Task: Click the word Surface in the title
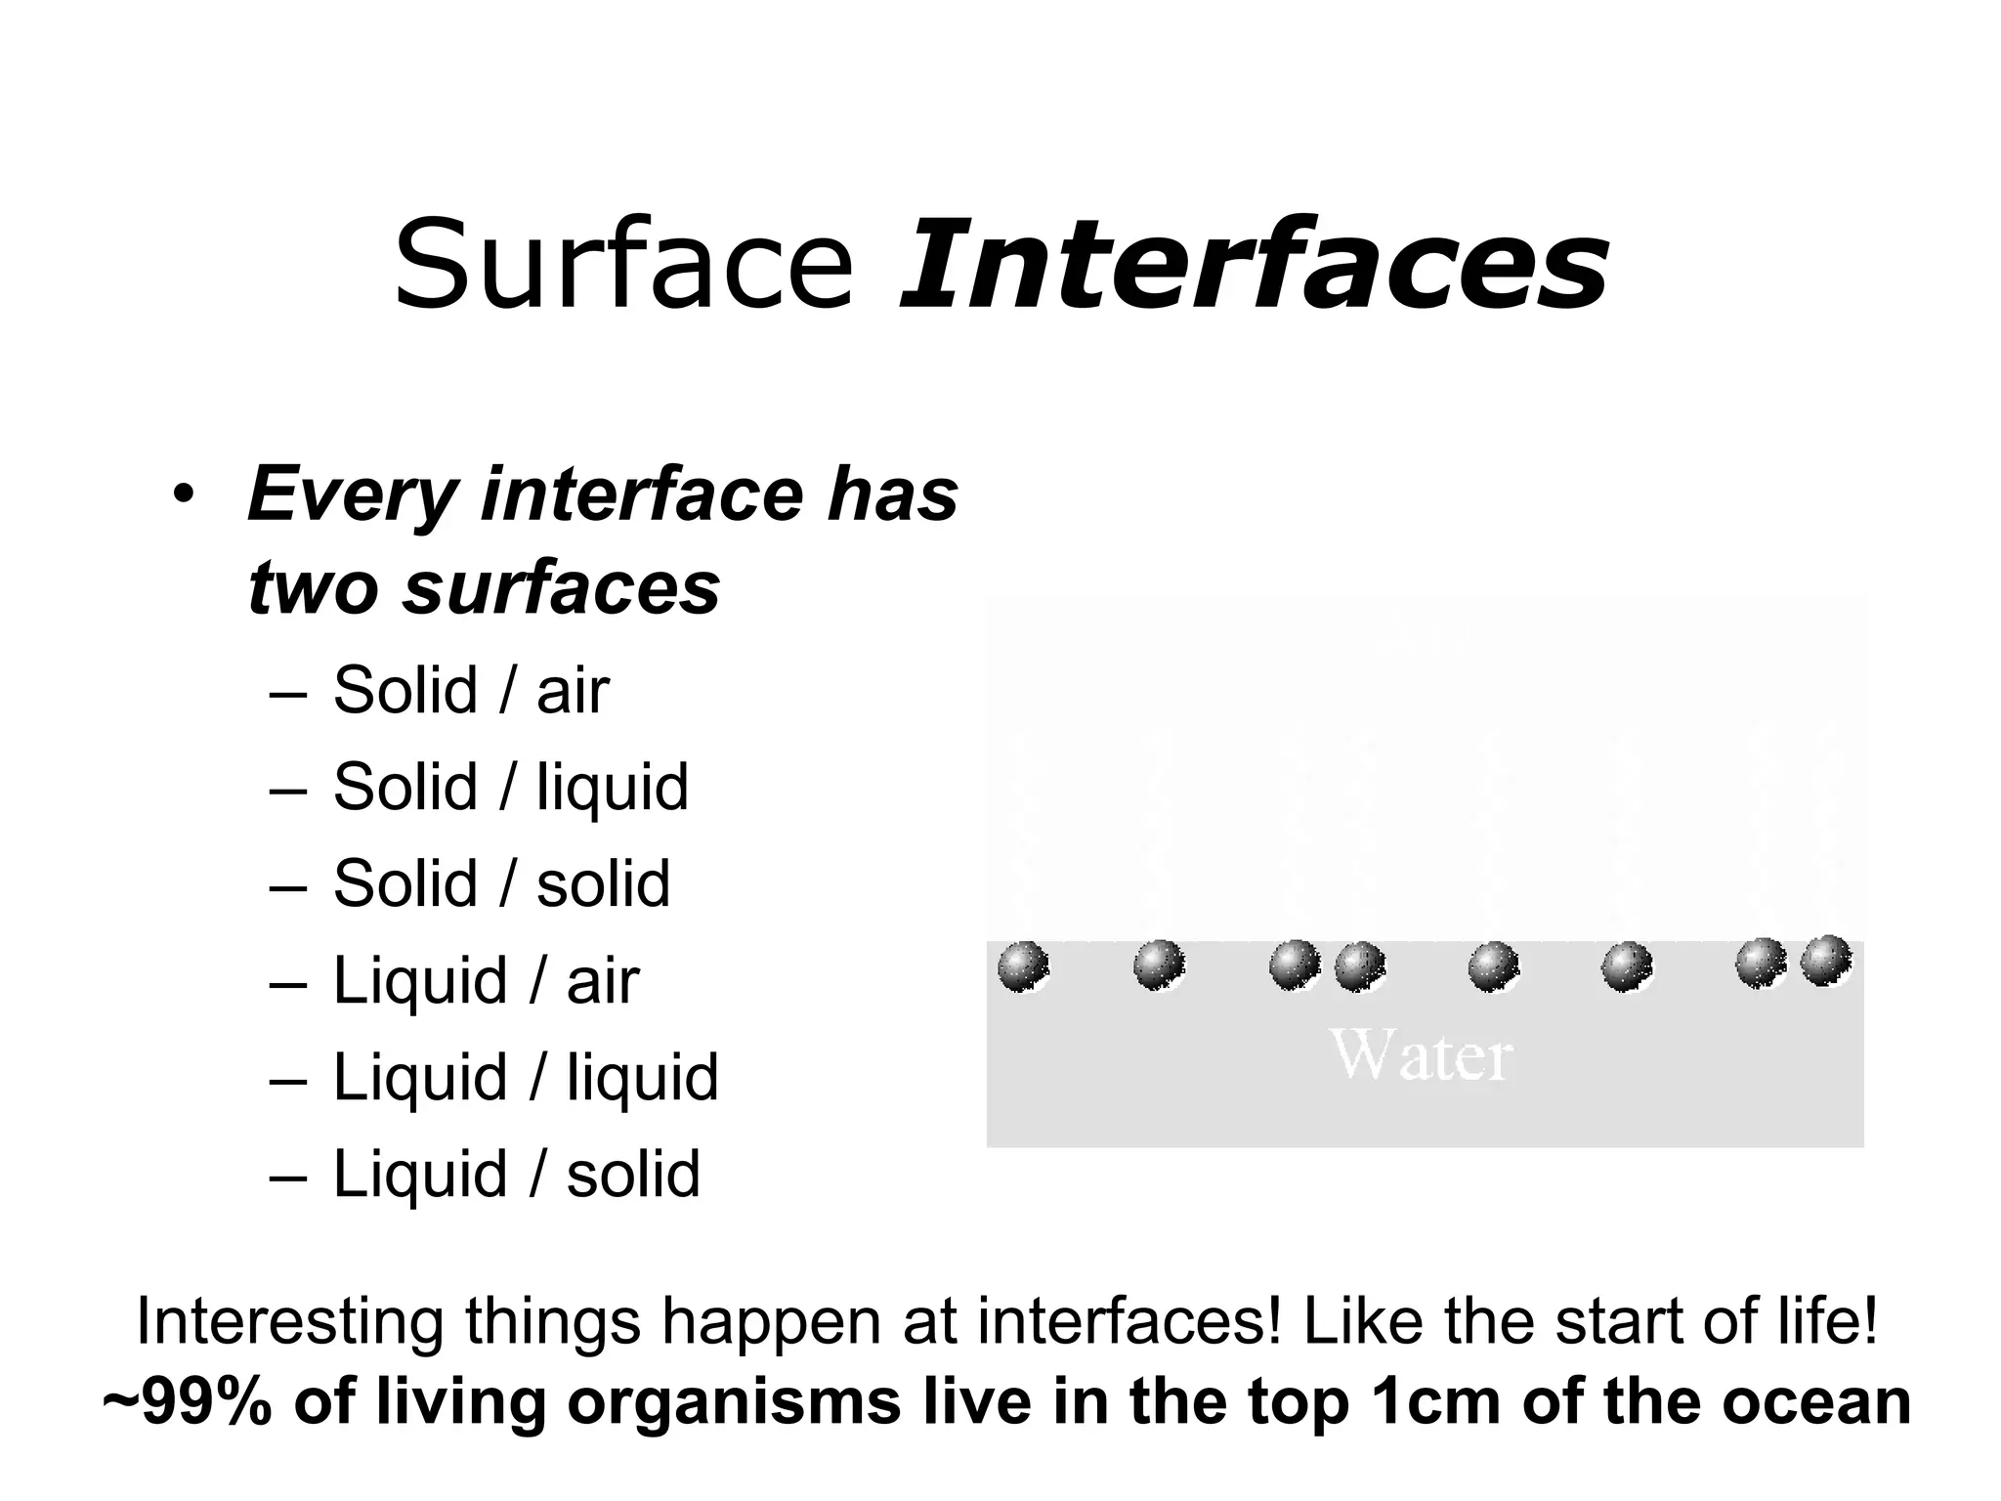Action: [x=623, y=264]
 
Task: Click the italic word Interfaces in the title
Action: [x=1254, y=264]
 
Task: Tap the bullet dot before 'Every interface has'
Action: [x=182, y=494]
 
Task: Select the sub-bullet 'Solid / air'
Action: [x=471, y=690]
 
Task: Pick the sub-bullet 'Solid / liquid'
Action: [x=510, y=787]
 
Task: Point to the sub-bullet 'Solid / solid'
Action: [x=501, y=883]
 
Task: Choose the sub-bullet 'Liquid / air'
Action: [x=486, y=980]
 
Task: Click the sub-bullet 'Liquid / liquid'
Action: [x=526, y=1077]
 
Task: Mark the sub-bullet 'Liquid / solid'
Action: [x=516, y=1174]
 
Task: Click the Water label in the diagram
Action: [x=1422, y=1056]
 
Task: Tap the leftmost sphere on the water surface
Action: [x=1023, y=966]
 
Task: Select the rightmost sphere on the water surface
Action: [x=1825, y=961]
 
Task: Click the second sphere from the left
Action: [x=1159, y=965]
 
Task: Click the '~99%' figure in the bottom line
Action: [x=186, y=1403]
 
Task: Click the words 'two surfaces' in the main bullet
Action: [x=485, y=588]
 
